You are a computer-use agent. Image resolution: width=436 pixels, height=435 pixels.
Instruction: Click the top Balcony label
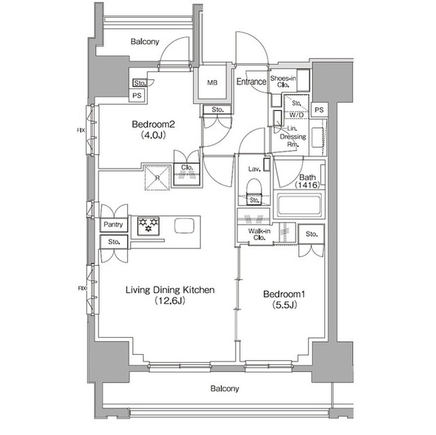144,42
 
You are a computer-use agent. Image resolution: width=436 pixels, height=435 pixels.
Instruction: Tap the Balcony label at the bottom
224,389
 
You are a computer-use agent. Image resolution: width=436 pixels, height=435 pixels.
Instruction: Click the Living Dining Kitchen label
170,290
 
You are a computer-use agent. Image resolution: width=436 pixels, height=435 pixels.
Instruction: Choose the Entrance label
251,82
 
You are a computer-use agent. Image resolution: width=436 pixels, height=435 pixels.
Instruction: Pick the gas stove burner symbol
148,225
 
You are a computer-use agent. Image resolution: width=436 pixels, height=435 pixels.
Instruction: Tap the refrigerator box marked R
157,176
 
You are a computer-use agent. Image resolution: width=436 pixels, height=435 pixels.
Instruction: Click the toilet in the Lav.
253,189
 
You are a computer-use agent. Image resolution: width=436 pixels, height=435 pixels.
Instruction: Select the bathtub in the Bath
299,205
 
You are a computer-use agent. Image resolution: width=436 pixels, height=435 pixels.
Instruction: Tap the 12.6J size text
170,301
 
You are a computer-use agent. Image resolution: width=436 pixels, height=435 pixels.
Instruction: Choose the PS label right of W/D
319,110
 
